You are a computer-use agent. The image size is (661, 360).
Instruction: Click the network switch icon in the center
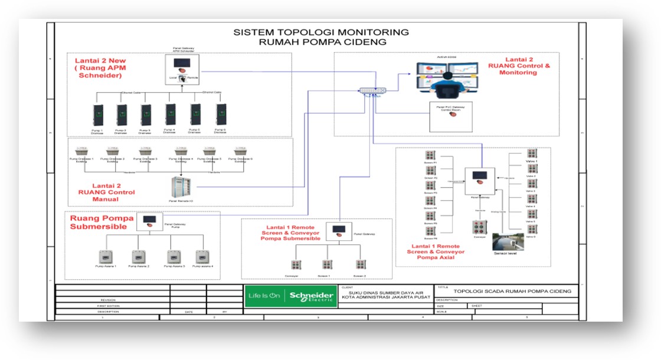(x=372, y=90)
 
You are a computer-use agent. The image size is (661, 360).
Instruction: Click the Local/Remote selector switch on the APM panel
(x=182, y=78)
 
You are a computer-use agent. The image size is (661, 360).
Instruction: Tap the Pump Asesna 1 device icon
(x=107, y=257)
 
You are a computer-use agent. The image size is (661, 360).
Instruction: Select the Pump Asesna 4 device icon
(x=202, y=257)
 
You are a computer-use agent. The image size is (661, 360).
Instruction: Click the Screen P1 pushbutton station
(x=430, y=155)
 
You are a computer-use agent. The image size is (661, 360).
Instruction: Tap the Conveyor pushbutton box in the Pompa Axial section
(x=479, y=227)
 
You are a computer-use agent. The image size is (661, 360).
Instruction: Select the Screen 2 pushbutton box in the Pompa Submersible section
(x=360, y=264)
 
